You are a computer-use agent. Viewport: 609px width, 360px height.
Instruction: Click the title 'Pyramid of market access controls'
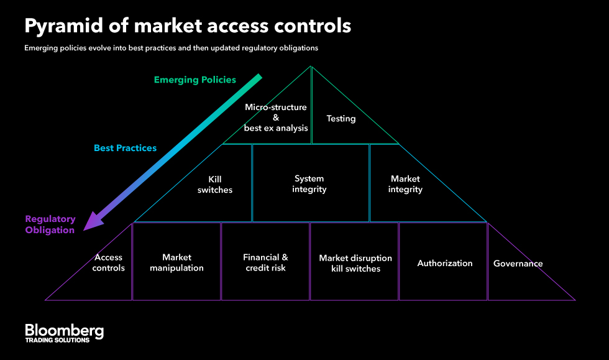188,26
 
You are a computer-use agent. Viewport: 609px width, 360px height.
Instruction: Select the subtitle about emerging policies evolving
172,48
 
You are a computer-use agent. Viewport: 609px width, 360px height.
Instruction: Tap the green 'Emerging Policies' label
195,80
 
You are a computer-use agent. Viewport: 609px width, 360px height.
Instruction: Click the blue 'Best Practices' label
125,148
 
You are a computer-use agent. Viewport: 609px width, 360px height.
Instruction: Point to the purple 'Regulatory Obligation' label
50,224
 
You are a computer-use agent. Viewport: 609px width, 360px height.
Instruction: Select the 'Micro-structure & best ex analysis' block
275,117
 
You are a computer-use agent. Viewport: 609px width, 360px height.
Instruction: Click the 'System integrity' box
309,183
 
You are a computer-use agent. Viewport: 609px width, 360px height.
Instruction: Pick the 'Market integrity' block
405,184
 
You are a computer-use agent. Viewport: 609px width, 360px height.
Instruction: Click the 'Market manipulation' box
176,262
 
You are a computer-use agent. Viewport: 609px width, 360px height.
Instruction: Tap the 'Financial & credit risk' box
265,262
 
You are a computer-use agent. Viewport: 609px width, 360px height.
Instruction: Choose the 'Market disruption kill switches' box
355,263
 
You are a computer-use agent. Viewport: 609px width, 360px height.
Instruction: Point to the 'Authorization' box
444,263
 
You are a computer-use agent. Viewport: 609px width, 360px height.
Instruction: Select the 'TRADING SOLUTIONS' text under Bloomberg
57,340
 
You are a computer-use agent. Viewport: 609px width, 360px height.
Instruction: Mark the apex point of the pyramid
311,66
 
